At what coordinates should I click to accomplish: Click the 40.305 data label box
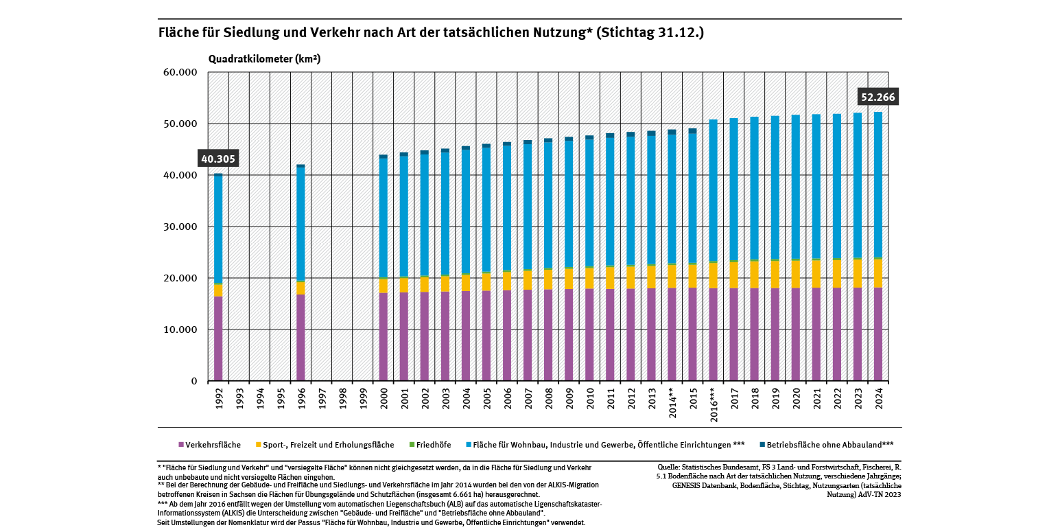pos(218,159)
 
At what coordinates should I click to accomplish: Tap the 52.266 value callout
pos(878,97)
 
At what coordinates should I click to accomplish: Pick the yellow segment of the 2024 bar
pos(878,273)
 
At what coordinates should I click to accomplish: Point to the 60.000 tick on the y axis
pos(180,73)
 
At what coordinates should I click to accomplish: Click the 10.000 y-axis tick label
pos(180,330)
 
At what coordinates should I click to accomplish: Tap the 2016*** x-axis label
pos(714,406)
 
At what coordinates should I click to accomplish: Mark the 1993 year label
pos(239,400)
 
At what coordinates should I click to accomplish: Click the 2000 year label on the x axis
pos(384,400)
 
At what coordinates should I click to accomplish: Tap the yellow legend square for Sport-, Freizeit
pos(259,445)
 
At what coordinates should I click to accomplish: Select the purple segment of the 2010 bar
pos(589,334)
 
